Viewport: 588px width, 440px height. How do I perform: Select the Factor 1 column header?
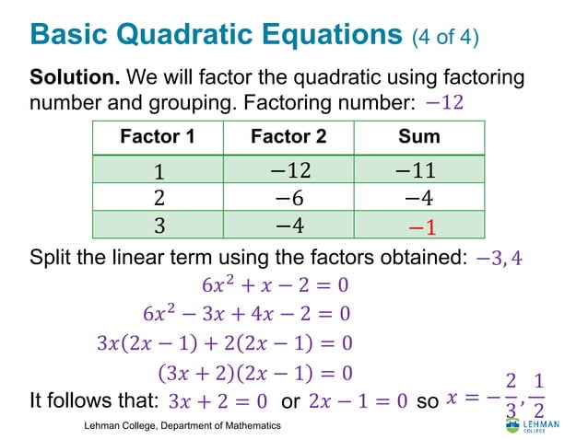click(x=158, y=137)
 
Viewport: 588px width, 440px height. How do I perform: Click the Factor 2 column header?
click(x=288, y=137)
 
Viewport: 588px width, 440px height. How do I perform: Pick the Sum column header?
click(x=418, y=137)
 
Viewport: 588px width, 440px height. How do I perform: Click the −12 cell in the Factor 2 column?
click(x=288, y=170)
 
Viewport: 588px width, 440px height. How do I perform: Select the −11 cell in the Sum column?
click(x=419, y=170)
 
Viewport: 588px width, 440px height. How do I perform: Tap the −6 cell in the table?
click(x=288, y=198)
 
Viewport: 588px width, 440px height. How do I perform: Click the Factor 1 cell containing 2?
click(x=159, y=198)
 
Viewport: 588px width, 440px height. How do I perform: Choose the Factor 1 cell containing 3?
click(x=159, y=226)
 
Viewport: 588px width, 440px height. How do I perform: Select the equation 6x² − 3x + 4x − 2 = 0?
click(x=246, y=314)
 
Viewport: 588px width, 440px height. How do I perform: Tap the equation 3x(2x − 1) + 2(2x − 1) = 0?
click(x=224, y=344)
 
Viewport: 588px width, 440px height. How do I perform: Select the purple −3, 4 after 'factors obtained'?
click(x=500, y=258)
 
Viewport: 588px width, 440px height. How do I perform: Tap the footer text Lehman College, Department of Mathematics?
click(x=182, y=426)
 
